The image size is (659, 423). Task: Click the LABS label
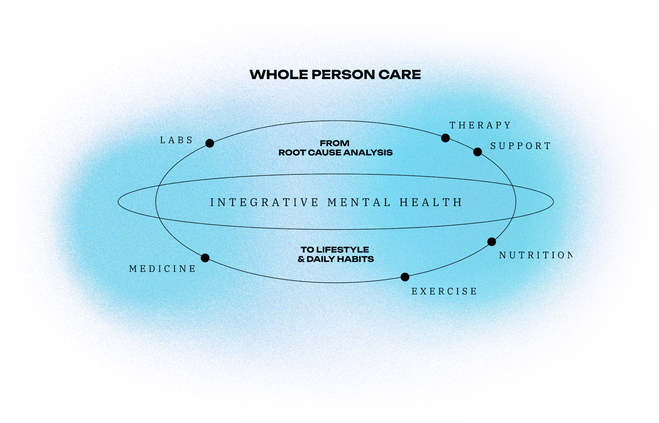(x=176, y=140)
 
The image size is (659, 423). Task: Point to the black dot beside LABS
(x=210, y=143)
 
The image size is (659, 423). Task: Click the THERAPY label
(x=480, y=125)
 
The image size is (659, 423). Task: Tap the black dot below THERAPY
(x=445, y=138)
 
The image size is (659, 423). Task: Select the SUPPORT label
(x=520, y=146)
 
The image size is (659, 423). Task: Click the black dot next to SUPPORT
(x=477, y=152)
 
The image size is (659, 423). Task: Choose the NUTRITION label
(x=535, y=255)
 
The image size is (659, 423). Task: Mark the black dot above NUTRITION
(x=491, y=242)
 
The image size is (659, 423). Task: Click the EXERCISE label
(x=444, y=292)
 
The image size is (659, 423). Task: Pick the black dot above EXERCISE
(x=405, y=277)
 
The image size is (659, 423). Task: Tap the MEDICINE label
(x=162, y=269)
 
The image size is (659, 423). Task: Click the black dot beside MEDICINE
(x=205, y=258)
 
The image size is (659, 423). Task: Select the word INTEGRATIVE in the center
(x=264, y=203)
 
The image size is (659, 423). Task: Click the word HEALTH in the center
(x=431, y=203)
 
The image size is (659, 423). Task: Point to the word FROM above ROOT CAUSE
(x=334, y=143)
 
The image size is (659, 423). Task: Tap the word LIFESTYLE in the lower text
(x=343, y=250)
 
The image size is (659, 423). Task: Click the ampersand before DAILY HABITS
(x=301, y=259)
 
